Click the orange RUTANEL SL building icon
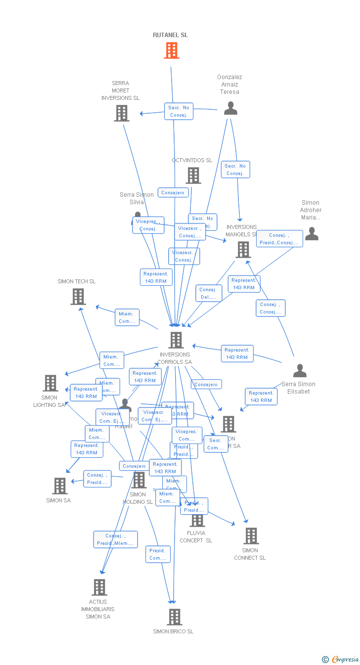[172, 50]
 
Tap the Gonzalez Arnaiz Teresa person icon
[230, 108]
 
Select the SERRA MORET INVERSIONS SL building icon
[122, 113]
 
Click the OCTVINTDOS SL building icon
[193, 175]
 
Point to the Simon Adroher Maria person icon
[312, 233]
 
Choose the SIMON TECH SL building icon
[78, 297]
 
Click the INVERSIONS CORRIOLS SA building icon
[176, 340]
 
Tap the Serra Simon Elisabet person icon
[300, 370]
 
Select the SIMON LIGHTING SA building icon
[50, 383]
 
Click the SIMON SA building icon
[60, 486]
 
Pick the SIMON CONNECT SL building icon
[251, 536]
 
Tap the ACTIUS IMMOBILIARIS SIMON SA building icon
[99, 587]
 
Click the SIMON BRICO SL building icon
[174, 617]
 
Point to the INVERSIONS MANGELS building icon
[243, 250]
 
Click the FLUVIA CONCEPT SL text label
[196, 536]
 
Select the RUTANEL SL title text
[170, 35]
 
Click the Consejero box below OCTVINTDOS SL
[173, 193]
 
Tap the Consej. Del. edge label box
[208, 293]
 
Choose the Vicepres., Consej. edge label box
[148, 225]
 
